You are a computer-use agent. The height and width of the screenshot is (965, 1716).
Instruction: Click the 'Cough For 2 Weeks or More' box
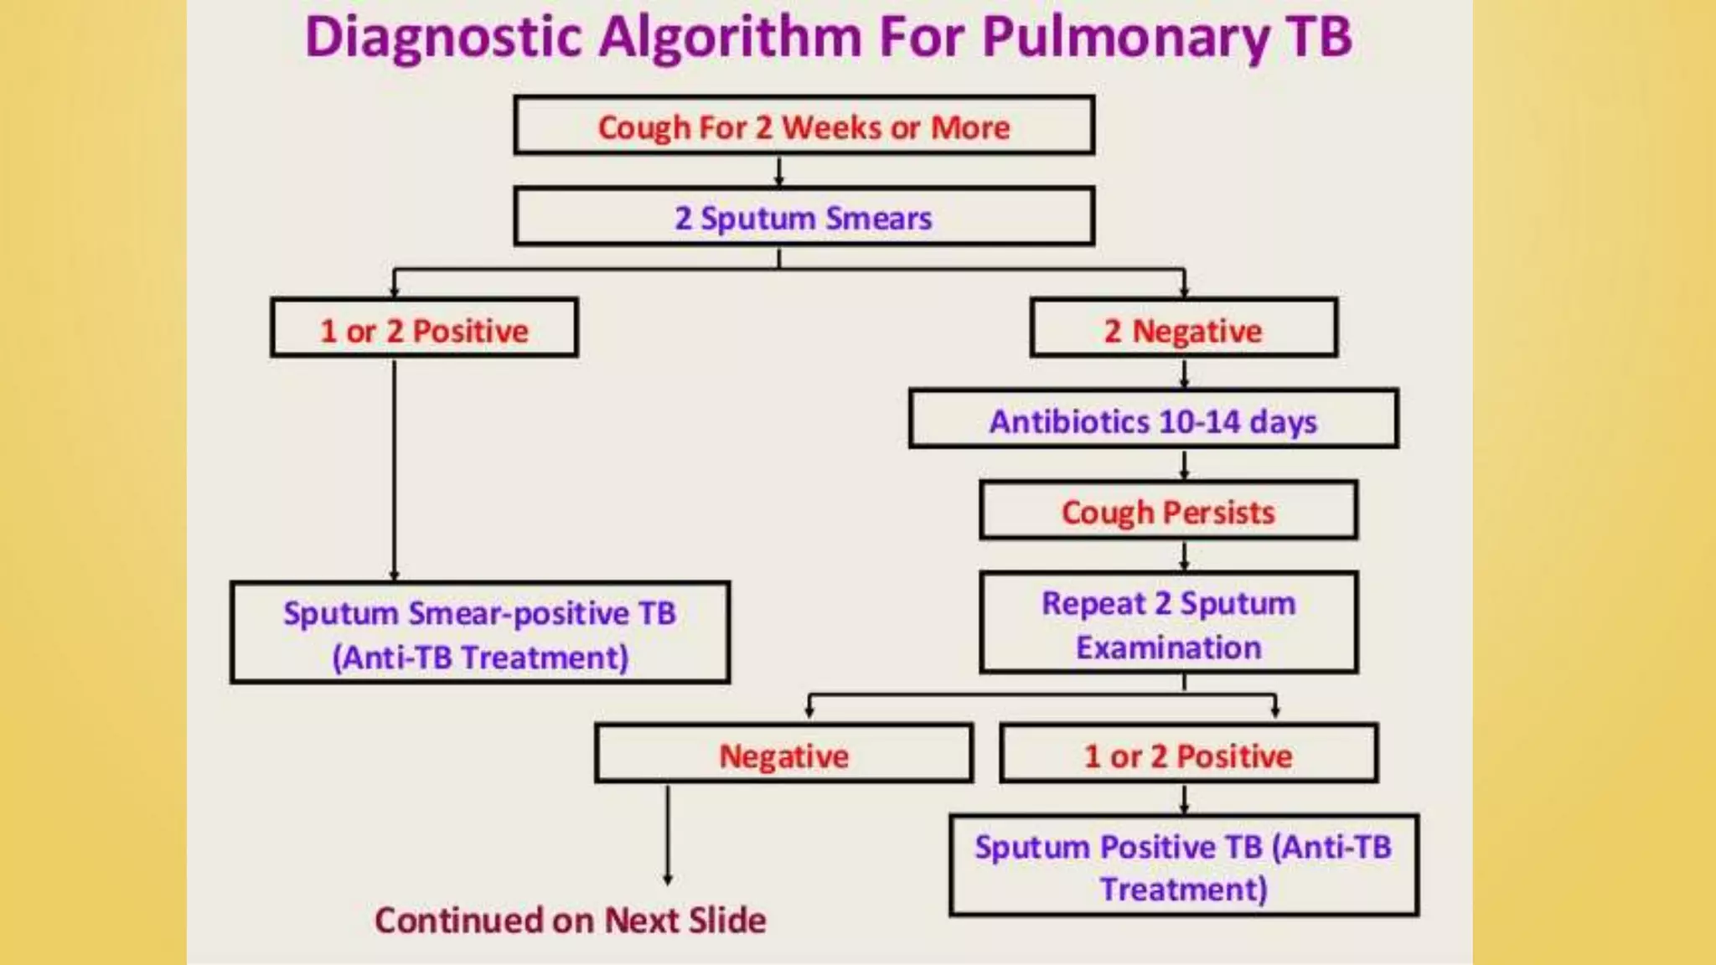click(804, 126)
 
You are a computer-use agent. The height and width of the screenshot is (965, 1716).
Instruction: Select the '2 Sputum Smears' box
click(804, 218)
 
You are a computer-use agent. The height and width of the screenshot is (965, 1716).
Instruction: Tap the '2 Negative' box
click(1183, 329)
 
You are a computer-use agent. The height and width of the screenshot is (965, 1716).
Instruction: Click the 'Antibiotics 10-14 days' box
click(1153, 420)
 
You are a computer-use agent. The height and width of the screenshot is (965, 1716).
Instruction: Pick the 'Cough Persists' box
click(1168, 511)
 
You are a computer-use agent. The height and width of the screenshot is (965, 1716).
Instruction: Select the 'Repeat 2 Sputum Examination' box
click(1168, 624)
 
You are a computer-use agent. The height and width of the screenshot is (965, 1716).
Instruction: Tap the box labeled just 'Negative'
click(783, 755)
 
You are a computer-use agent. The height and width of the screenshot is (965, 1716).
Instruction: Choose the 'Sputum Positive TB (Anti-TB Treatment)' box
click(1183, 867)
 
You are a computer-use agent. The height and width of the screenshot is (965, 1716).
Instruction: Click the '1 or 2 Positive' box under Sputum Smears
click(424, 329)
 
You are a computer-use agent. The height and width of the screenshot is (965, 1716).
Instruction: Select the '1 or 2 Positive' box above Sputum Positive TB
click(1188, 755)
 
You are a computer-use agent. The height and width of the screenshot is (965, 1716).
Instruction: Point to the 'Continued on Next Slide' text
click(570, 920)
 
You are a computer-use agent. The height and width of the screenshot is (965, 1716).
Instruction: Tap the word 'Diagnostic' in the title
click(443, 39)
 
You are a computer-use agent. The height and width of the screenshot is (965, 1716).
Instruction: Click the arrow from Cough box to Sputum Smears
click(779, 171)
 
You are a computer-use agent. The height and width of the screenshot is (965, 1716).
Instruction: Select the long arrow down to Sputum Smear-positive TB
click(395, 469)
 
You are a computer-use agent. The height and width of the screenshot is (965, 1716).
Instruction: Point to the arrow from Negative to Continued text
click(668, 833)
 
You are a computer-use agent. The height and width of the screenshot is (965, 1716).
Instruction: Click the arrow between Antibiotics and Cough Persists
click(1184, 464)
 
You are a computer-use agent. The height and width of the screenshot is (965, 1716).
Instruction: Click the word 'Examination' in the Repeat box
click(1168, 648)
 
